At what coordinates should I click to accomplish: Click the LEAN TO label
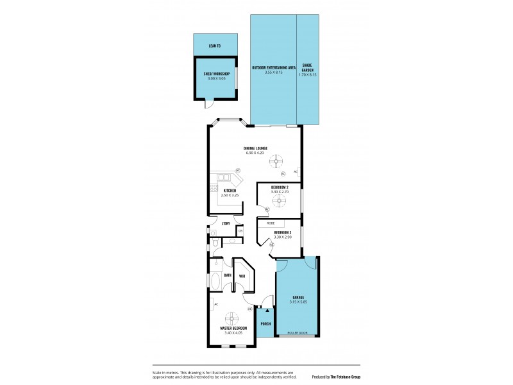click(215, 46)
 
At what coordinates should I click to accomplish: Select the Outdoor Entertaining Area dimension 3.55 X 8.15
click(273, 73)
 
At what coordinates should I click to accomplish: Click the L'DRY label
click(226, 223)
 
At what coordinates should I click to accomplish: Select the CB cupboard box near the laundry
click(240, 230)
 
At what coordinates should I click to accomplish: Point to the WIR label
click(242, 276)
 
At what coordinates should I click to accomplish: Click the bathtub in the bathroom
click(214, 282)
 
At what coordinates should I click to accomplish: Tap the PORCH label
click(265, 324)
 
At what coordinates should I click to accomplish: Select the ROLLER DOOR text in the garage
click(298, 333)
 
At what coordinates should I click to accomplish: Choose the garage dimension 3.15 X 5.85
click(298, 302)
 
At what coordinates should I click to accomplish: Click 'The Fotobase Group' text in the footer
click(345, 377)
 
